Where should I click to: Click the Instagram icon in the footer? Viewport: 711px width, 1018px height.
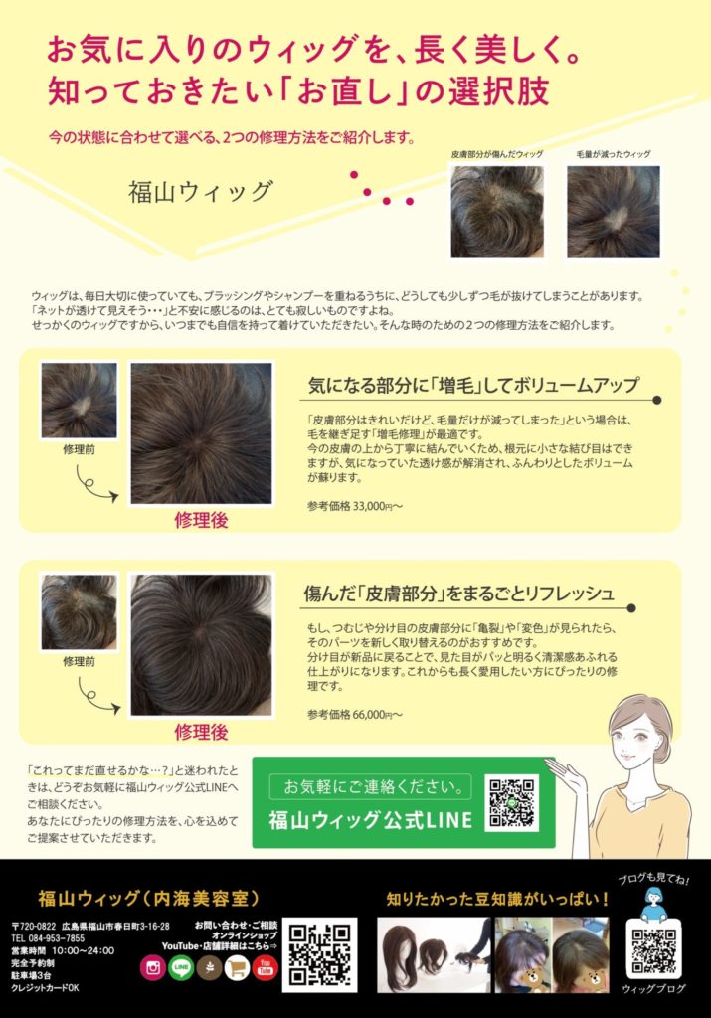click(x=153, y=968)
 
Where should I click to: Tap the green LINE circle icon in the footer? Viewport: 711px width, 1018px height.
click(x=181, y=968)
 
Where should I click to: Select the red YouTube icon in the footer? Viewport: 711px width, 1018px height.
click(x=265, y=968)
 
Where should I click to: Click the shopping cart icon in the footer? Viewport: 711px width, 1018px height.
click(x=237, y=968)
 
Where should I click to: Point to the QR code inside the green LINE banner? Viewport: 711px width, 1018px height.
click(x=512, y=803)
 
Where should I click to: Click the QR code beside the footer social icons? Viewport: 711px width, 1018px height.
click(x=319, y=954)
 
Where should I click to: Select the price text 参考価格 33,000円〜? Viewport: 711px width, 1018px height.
click(x=355, y=506)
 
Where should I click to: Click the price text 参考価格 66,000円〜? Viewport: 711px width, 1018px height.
click(x=355, y=714)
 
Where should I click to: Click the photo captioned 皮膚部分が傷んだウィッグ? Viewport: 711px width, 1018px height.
click(x=497, y=212)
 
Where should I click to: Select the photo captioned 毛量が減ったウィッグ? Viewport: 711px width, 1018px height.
click(x=614, y=212)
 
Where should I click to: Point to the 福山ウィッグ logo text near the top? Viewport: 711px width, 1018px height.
click(x=201, y=192)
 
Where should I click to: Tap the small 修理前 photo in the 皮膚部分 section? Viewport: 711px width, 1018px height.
click(x=80, y=612)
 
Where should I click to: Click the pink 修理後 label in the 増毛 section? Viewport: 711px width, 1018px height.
click(x=201, y=520)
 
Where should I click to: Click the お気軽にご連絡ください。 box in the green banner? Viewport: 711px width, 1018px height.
click(x=370, y=787)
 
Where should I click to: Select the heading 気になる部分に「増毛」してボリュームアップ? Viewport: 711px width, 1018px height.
click(x=473, y=385)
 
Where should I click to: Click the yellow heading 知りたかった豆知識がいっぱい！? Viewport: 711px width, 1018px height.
click(x=498, y=899)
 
